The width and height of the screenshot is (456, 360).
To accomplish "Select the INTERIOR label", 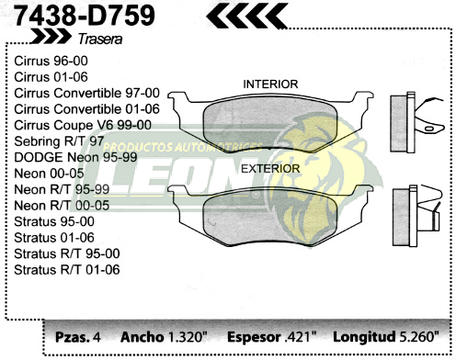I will tap(269, 84).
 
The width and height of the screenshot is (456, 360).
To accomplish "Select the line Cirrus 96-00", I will tap(53, 61).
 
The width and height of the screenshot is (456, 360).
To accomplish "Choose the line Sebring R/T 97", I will tap(61, 141).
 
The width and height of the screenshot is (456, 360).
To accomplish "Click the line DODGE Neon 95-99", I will tap(75, 157).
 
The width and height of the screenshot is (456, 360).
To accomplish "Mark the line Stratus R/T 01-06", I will tap(68, 270).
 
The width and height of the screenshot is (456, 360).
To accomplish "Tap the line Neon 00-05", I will tap(50, 174).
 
